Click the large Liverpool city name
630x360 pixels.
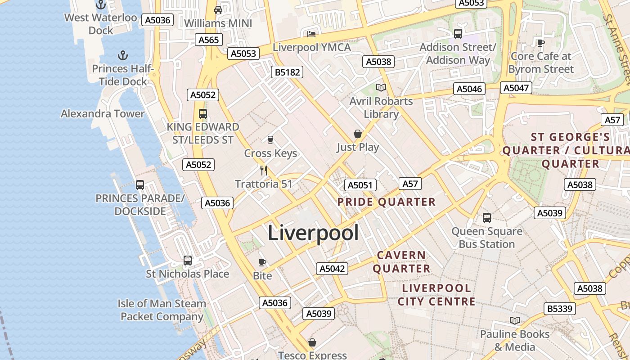tap(313, 233)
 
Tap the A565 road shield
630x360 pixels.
tap(209, 40)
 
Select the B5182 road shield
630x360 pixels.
tap(287, 72)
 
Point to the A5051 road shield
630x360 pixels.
tap(360, 185)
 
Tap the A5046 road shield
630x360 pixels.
tap(469, 89)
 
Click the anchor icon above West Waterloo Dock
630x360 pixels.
tap(101, 5)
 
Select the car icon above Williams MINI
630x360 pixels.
tap(218, 9)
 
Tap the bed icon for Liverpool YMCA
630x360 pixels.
tap(311, 34)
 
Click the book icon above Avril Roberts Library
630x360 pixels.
tap(381, 87)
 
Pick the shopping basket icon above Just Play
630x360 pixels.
tap(358, 134)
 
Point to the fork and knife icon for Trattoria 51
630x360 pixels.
tap(264, 170)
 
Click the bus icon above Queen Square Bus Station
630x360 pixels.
tap(487, 218)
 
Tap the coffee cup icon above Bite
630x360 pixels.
tap(262, 262)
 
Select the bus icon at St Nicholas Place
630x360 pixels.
tap(188, 260)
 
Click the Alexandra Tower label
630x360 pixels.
tap(103, 113)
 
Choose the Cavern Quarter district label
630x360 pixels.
tap(401, 262)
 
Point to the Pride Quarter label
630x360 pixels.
tap(387, 202)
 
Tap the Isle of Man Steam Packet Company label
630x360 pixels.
tap(162, 310)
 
